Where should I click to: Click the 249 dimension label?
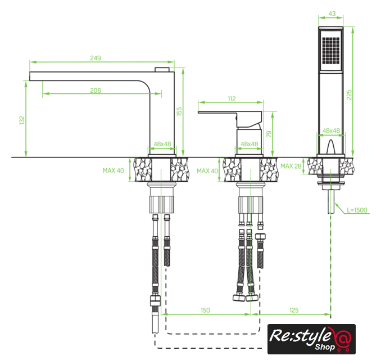pyautogui.click(x=96, y=58)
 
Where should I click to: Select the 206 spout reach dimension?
pyautogui.click(x=96, y=91)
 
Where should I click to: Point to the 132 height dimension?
pyautogui.click(x=22, y=120)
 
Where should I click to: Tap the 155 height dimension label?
pyautogui.click(x=179, y=111)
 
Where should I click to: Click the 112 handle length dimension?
pyautogui.click(x=232, y=99)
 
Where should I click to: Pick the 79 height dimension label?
pyautogui.click(x=269, y=134)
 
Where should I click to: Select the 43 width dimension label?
pyautogui.click(x=332, y=14)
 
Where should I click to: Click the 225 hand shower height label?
pyautogui.click(x=349, y=95)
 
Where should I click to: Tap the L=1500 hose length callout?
pyautogui.click(x=357, y=210)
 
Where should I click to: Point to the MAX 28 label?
pyautogui.click(x=291, y=166)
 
